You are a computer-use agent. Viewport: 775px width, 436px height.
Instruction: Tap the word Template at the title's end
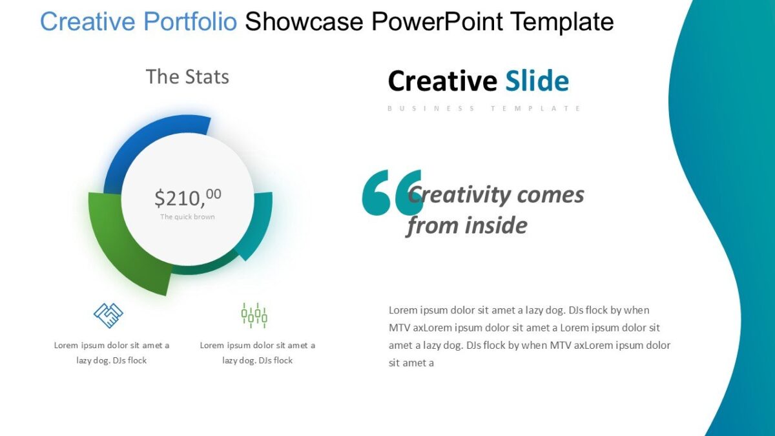pos(561,22)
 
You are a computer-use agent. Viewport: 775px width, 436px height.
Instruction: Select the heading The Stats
pos(187,77)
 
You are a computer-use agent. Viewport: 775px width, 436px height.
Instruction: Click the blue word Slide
pos(537,81)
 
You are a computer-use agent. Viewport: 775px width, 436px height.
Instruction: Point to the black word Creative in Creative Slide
pos(442,81)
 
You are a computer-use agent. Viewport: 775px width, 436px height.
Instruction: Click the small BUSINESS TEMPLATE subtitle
pos(484,109)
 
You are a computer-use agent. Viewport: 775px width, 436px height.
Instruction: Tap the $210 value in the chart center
pos(187,197)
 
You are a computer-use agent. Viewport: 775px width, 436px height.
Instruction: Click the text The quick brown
pos(187,217)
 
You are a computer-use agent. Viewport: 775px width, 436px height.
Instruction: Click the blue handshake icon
pos(108,315)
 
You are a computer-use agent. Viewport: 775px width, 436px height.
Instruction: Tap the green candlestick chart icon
pos(254,315)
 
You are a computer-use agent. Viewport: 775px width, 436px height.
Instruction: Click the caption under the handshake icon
pos(112,353)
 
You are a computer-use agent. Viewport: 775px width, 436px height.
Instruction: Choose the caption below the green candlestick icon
pos(258,353)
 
